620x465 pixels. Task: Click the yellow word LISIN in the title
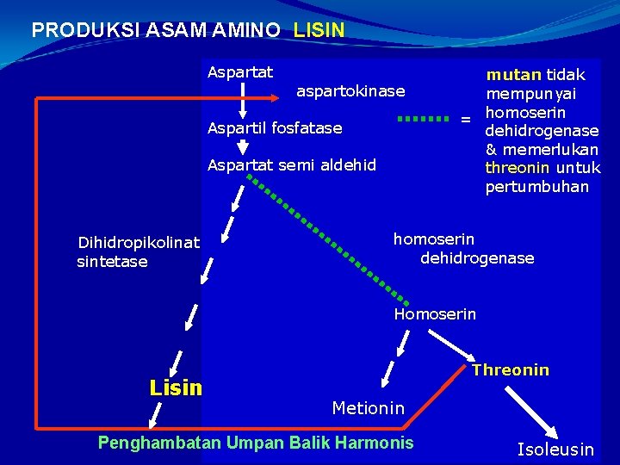coord(319,30)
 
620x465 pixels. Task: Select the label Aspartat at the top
coord(239,72)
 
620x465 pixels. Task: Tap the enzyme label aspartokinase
coord(350,90)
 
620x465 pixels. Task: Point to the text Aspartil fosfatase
coord(275,128)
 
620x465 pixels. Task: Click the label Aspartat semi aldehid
coord(292,164)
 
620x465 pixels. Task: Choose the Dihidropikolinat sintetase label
coord(138,252)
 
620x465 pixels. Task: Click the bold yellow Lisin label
coord(176,387)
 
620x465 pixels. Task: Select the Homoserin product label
coord(435,314)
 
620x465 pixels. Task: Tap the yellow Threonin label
coord(510,370)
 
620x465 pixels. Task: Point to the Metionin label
coord(368,408)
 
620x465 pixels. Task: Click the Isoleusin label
coord(555,449)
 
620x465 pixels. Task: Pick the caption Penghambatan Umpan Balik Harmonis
coord(256,443)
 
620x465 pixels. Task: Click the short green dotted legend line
coord(424,119)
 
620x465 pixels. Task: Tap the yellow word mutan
coord(514,75)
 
